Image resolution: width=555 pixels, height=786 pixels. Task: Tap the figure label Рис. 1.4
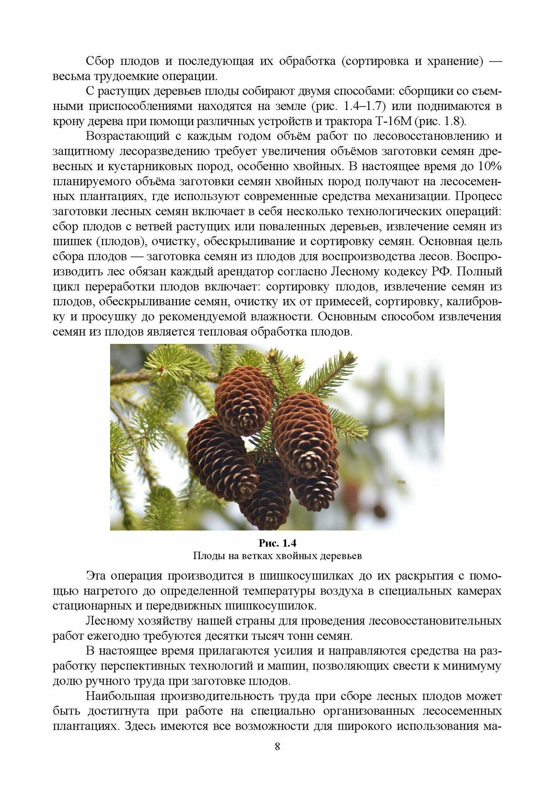coord(277,543)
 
